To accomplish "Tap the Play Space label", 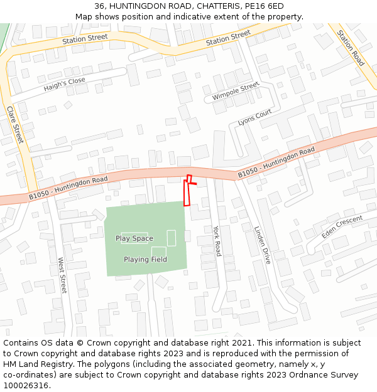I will [134, 238].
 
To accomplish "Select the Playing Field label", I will [145, 260].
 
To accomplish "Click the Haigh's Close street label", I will [65, 85].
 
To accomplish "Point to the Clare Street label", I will [15, 124].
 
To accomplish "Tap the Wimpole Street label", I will [236, 92].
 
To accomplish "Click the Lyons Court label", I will [254, 117].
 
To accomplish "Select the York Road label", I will [217, 241].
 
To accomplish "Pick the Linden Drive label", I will [262, 245].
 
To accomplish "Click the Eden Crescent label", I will [342, 226].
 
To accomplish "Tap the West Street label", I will [62, 275].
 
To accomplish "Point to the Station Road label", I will [351, 48].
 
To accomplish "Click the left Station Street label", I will [85, 40].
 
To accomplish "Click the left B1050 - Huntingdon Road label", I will [68, 188].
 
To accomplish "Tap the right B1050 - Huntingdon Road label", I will [276, 162].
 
